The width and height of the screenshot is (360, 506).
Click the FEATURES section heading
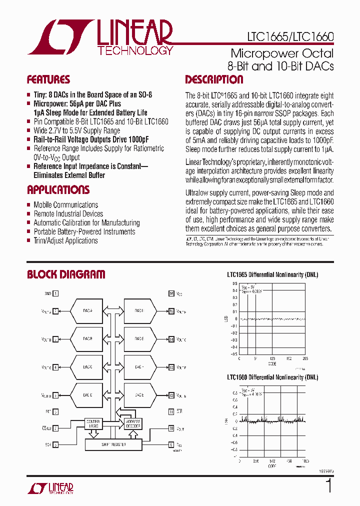[48, 80]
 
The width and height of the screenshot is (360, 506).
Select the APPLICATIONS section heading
[58, 190]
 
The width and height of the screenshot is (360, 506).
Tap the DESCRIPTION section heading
[214, 80]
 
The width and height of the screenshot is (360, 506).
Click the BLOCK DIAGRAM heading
[66, 274]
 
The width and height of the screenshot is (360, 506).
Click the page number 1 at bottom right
[328, 486]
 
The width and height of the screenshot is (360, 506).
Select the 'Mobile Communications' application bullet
[65, 204]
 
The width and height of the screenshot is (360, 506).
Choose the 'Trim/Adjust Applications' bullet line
[65, 240]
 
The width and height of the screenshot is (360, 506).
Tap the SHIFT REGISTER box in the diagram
[113, 444]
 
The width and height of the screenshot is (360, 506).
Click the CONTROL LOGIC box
[93, 423]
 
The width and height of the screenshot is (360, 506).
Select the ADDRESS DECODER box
[133, 423]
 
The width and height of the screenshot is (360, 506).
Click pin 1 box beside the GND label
[56, 294]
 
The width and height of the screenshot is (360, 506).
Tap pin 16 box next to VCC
[171, 294]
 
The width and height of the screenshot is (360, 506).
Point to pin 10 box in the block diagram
[171, 428]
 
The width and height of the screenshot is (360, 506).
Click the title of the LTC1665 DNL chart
[272, 274]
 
